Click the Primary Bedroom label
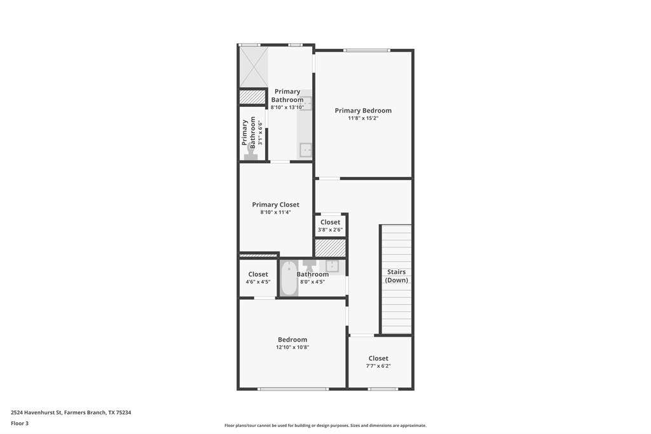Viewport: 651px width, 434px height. [x=363, y=110]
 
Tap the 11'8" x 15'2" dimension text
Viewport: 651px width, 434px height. [x=363, y=118]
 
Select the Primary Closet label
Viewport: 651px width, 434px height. [x=275, y=204]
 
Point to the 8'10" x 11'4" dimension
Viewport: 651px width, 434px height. [x=275, y=213]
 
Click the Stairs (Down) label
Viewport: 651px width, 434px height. [x=397, y=276]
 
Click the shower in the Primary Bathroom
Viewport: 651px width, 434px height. [x=253, y=66]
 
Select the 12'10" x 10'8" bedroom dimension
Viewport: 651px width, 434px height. [x=292, y=347]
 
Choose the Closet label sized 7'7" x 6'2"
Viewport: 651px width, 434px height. [x=378, y=358]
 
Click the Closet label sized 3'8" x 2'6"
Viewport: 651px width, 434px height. [x=330, y=222]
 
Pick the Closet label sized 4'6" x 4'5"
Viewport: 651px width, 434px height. [x=258, y=274]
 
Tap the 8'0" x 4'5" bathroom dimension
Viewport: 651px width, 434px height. [x=313, y=282]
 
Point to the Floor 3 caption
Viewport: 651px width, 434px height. [x=20, y=423]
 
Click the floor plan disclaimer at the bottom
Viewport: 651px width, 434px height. [x=325, y=425]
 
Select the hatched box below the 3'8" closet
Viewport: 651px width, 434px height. [x=330, y=248]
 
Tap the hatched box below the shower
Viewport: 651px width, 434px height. [x=252, y=97]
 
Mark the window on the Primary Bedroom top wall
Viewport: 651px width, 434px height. [x=367, y=50]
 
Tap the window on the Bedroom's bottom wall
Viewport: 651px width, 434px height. [x=293, y=388]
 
